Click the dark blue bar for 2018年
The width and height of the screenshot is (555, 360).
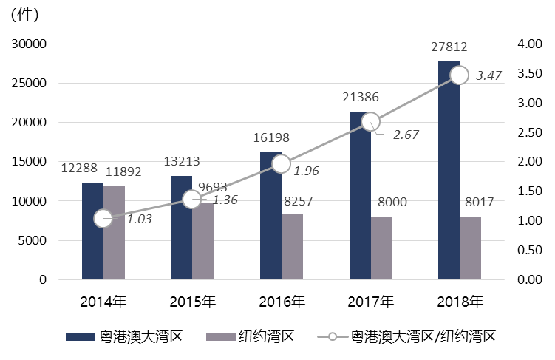coord(449,170)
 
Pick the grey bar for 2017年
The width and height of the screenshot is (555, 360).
coord(381,248)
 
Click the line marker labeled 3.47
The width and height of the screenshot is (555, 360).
coord(459,75)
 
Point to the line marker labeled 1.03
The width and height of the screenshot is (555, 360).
coord(103,218)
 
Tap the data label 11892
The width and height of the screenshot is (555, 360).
coord(123,171)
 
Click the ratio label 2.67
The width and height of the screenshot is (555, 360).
coord(406,135)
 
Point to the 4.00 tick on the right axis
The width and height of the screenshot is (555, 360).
coord(531,44)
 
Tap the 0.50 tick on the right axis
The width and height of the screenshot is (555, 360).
coord(531,250)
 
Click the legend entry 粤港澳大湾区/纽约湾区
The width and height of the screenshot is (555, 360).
coord(423,337)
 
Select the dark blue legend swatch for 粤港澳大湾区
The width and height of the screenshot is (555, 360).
coord(81,337)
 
